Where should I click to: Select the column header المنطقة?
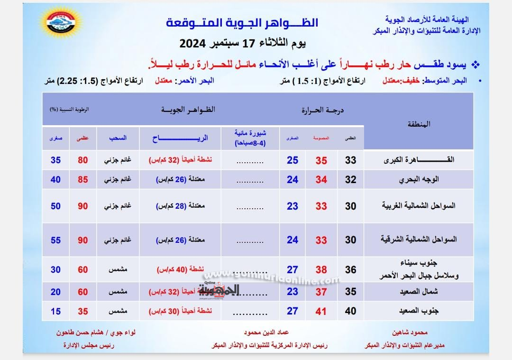pos(419,124)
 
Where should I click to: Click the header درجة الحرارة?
pos(322,110)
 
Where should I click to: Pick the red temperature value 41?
pos(321,312)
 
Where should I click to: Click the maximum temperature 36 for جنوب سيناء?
pos(350,269)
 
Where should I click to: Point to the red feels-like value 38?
pos(321,270)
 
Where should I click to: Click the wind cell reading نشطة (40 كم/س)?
pos(180,270)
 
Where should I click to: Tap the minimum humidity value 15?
pos(55,311)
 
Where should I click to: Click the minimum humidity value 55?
pos(55,240)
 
